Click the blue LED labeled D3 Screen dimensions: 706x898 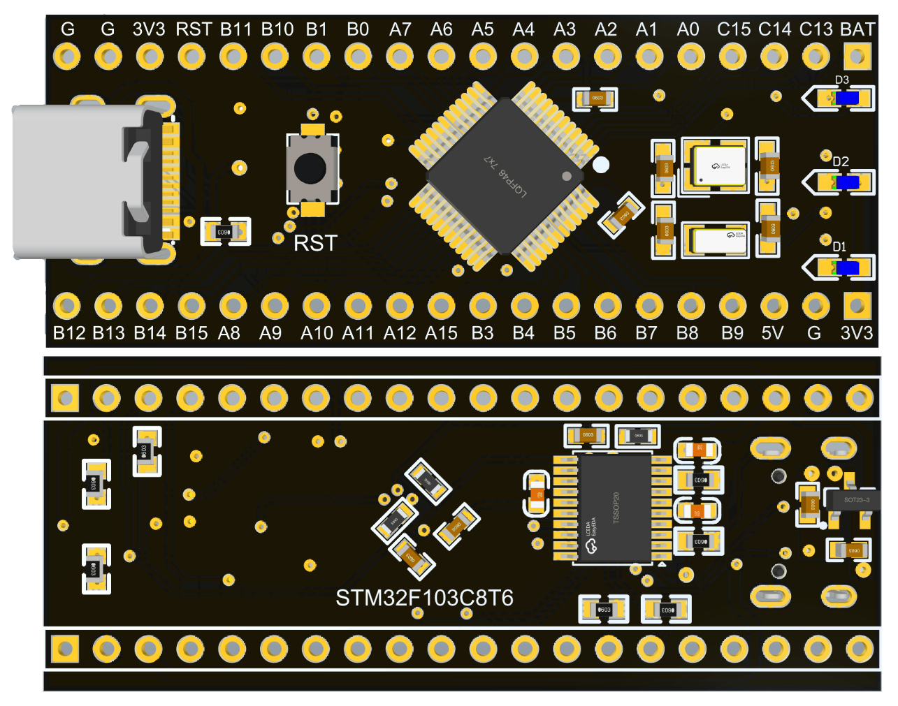point(847,98)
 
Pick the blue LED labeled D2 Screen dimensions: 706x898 point(848,183)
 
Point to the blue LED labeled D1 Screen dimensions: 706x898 point(848,267)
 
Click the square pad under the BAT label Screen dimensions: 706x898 point(857,56)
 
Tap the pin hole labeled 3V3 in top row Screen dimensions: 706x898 point(149,56)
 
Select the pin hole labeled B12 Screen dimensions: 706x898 point(67,306)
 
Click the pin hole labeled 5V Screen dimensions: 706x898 point(774,306)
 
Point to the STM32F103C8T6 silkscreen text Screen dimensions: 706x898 point(424,598)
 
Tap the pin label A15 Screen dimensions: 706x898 point(441,333)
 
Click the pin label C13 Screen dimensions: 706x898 point(816,29)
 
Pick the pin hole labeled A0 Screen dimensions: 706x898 point(690,56)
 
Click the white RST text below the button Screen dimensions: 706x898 point(315,243)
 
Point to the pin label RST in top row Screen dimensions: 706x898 point(194,29)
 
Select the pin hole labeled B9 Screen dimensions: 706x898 point(732,306)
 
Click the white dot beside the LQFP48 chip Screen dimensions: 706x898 point(600,166)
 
